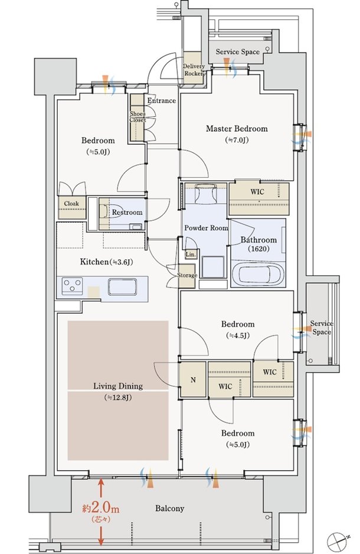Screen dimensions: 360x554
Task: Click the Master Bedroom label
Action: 237,129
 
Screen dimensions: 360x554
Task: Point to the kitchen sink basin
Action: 122,286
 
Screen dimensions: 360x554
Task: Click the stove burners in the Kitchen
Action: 73,285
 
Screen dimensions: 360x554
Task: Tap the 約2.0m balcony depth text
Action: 101,508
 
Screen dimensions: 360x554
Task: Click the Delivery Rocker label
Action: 194,70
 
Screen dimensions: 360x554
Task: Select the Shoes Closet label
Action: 138,117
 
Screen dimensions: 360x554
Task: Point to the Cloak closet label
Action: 71,204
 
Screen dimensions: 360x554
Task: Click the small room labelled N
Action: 193,380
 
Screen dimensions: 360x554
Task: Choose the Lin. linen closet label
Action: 191,254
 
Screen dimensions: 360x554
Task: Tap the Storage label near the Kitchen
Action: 186,275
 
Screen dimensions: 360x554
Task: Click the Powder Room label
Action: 206,228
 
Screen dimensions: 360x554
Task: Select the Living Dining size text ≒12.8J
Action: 118,397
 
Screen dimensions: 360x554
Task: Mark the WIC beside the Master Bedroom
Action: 258,198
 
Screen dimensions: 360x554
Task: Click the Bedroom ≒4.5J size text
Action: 237,335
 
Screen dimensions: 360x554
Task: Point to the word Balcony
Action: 170,509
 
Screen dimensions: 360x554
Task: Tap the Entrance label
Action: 161,100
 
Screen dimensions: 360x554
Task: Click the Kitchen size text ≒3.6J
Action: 122,262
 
